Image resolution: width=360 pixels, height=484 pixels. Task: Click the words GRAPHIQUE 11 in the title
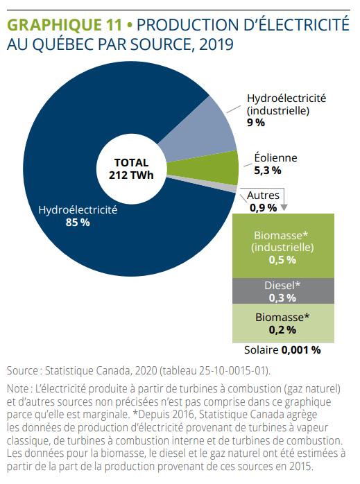coord(67,25)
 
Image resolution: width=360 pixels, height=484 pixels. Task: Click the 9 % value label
coord(256,122)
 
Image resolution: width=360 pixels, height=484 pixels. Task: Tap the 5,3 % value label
coord(268,170)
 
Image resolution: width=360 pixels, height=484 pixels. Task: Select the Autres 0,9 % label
coord(263,202)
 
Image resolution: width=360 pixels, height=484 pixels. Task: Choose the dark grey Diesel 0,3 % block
coord(282,291)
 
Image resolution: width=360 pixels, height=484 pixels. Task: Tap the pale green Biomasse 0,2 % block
coord(282,324)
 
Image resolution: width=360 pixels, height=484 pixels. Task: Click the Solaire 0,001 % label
coord(282,349)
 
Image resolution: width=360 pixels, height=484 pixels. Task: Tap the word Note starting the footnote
coord(19,389)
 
